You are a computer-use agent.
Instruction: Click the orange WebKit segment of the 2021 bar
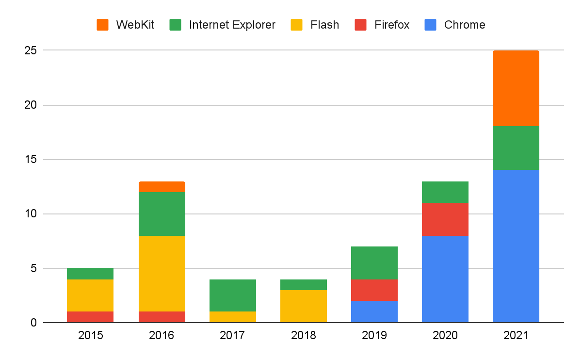[516, 88]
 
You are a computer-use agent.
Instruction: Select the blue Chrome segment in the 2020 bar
[445, 279]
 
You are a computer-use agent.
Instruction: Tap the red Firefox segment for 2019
[374, 290]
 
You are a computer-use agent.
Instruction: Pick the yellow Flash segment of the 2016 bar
[162, 274]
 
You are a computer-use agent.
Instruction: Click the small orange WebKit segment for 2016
[162, 187]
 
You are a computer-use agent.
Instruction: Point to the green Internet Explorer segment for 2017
[232, 295]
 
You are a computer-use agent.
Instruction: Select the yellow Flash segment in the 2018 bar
[303, 306]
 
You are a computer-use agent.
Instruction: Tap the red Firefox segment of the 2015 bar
[90, 317]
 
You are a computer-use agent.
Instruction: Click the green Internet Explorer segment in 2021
[516, 147]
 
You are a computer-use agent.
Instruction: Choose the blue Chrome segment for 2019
[374, 311]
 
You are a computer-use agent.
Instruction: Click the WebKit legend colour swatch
[103, 25]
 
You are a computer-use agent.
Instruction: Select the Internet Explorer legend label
[232, 25]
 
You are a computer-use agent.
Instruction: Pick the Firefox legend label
[392, 25]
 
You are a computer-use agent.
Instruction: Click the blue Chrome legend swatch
[431, 25]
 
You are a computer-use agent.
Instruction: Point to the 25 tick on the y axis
[30, 50]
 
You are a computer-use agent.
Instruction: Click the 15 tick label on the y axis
[30, 160]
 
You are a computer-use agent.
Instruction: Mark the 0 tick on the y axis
[33, 323]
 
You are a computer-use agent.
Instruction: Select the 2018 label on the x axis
[303, 335]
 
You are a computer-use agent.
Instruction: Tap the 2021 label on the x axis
[516, 335]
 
